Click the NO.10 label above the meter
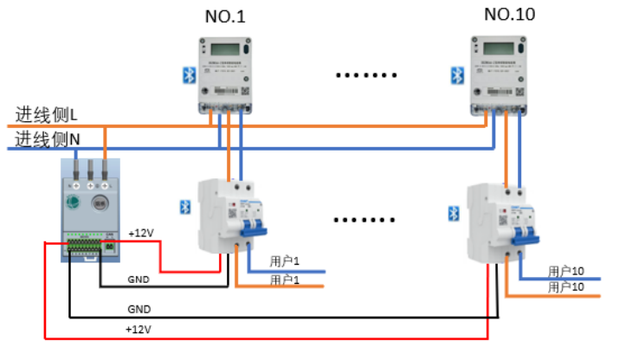click(509, 14)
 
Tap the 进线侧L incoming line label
click(47, 114)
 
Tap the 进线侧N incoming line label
click(48, 138)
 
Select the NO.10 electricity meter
click(499, 75)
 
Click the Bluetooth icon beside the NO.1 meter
click(186, 75)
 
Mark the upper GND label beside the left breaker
click(139, 280)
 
